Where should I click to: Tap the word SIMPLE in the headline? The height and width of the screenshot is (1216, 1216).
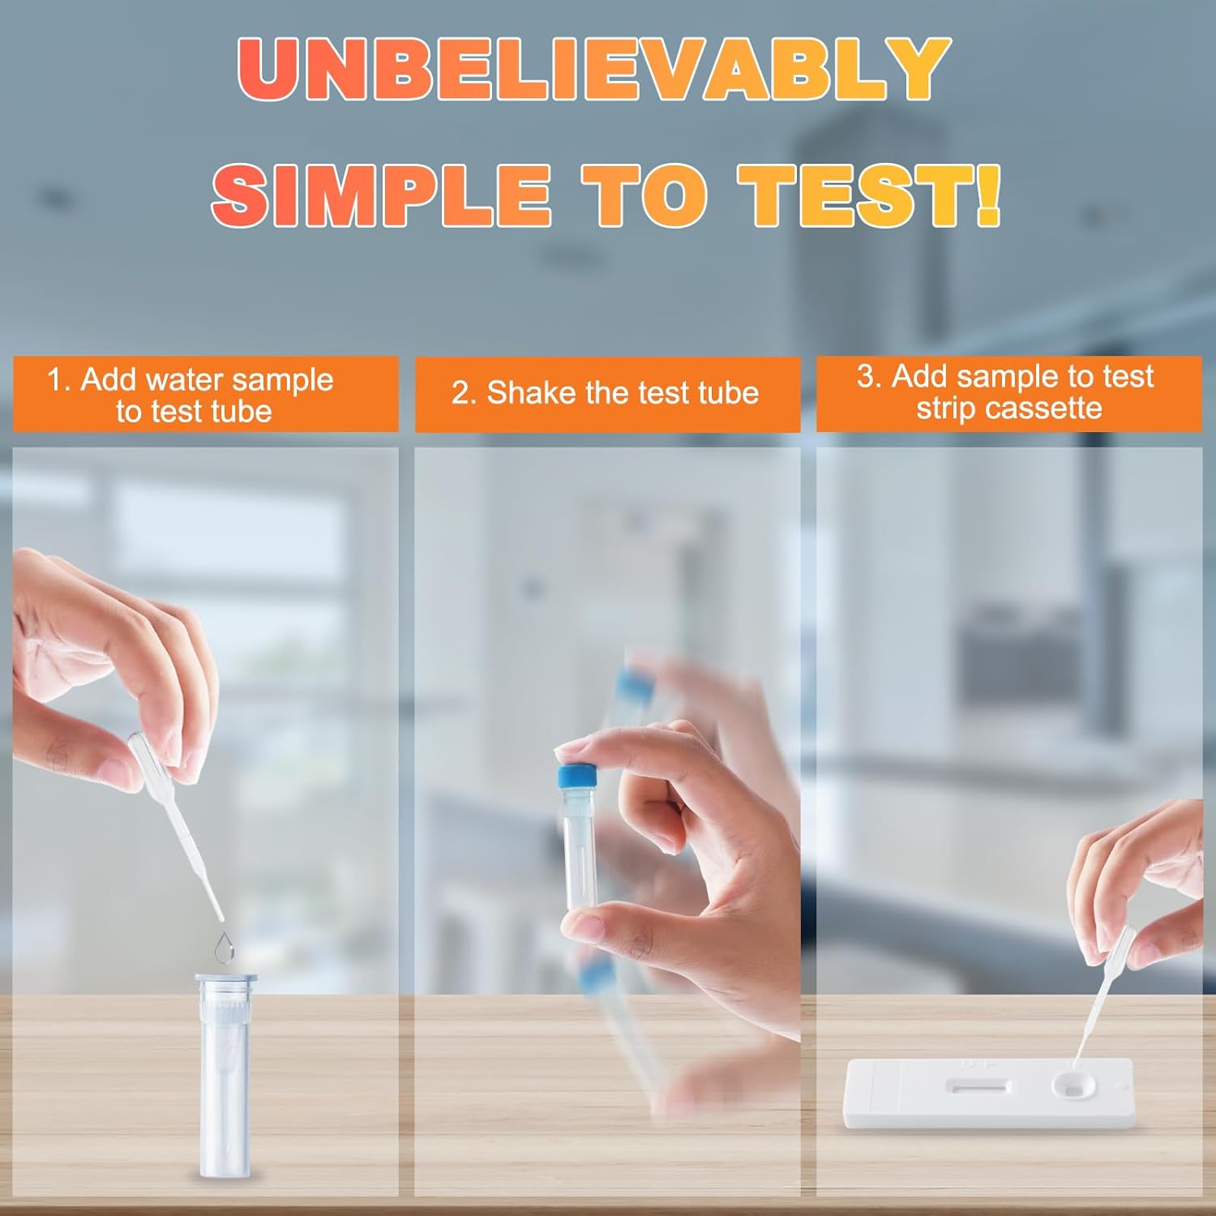point(381,195)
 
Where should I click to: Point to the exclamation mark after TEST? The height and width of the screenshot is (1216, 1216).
point(988,195)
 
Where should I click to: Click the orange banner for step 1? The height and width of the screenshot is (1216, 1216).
point(205,394)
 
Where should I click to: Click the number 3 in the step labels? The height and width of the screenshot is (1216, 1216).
point(867,377)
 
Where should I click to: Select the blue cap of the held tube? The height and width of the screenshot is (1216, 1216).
point(576,777)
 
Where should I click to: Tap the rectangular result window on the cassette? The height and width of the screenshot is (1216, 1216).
point(979,1086)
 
